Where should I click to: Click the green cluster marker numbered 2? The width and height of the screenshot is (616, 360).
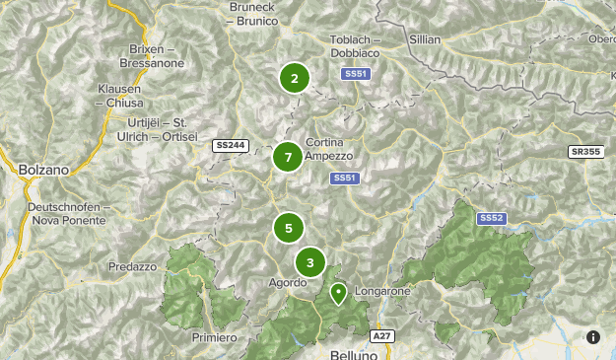coord(294,79)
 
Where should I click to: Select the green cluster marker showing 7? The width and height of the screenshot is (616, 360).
coord(288,157)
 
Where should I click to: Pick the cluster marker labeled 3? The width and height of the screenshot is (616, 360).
coord(310,262)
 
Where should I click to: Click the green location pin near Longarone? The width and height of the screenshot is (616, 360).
coord(338,293)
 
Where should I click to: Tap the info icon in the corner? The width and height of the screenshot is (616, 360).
coord(593,337)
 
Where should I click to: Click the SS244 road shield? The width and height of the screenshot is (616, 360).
coord(230,146)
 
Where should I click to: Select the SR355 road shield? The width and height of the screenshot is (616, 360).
coord(584,152)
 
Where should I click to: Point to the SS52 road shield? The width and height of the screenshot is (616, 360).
coord(491,218)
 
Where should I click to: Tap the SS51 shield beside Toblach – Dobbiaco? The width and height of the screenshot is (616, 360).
coord(355,74)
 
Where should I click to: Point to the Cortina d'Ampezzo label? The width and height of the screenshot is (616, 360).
coord(329,149)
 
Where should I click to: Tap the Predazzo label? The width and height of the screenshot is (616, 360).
coord(133,266)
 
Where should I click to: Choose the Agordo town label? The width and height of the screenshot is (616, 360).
coord(288,283)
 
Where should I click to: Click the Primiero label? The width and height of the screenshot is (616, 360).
coord(215,337)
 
